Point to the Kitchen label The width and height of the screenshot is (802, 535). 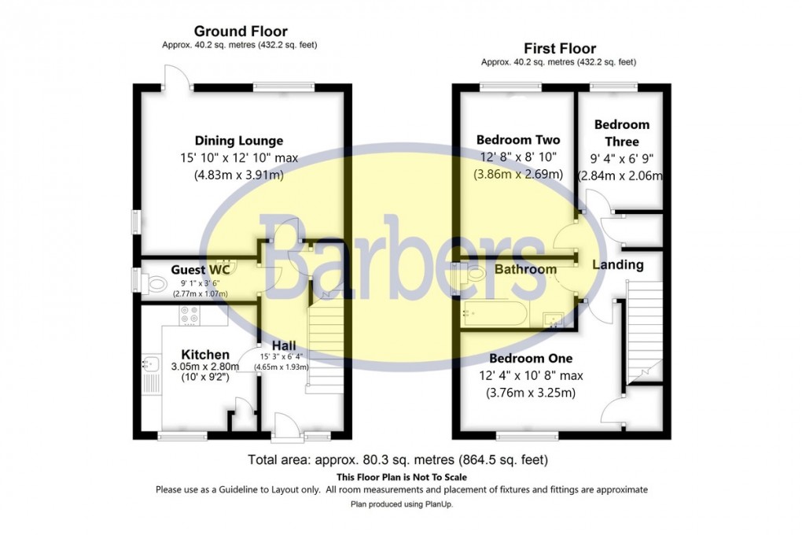[205, 355]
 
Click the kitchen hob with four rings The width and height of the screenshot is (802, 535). [189, 315]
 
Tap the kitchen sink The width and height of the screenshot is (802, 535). [151, 364]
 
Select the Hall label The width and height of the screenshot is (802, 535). [284, 345]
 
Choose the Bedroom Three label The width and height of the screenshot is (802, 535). [621, 133]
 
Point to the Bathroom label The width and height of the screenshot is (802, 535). [525, 269]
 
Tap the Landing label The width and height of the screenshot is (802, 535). [619, 265]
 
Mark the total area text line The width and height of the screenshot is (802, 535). [397, 459]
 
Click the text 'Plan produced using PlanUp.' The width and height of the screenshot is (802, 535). [401, 504]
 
